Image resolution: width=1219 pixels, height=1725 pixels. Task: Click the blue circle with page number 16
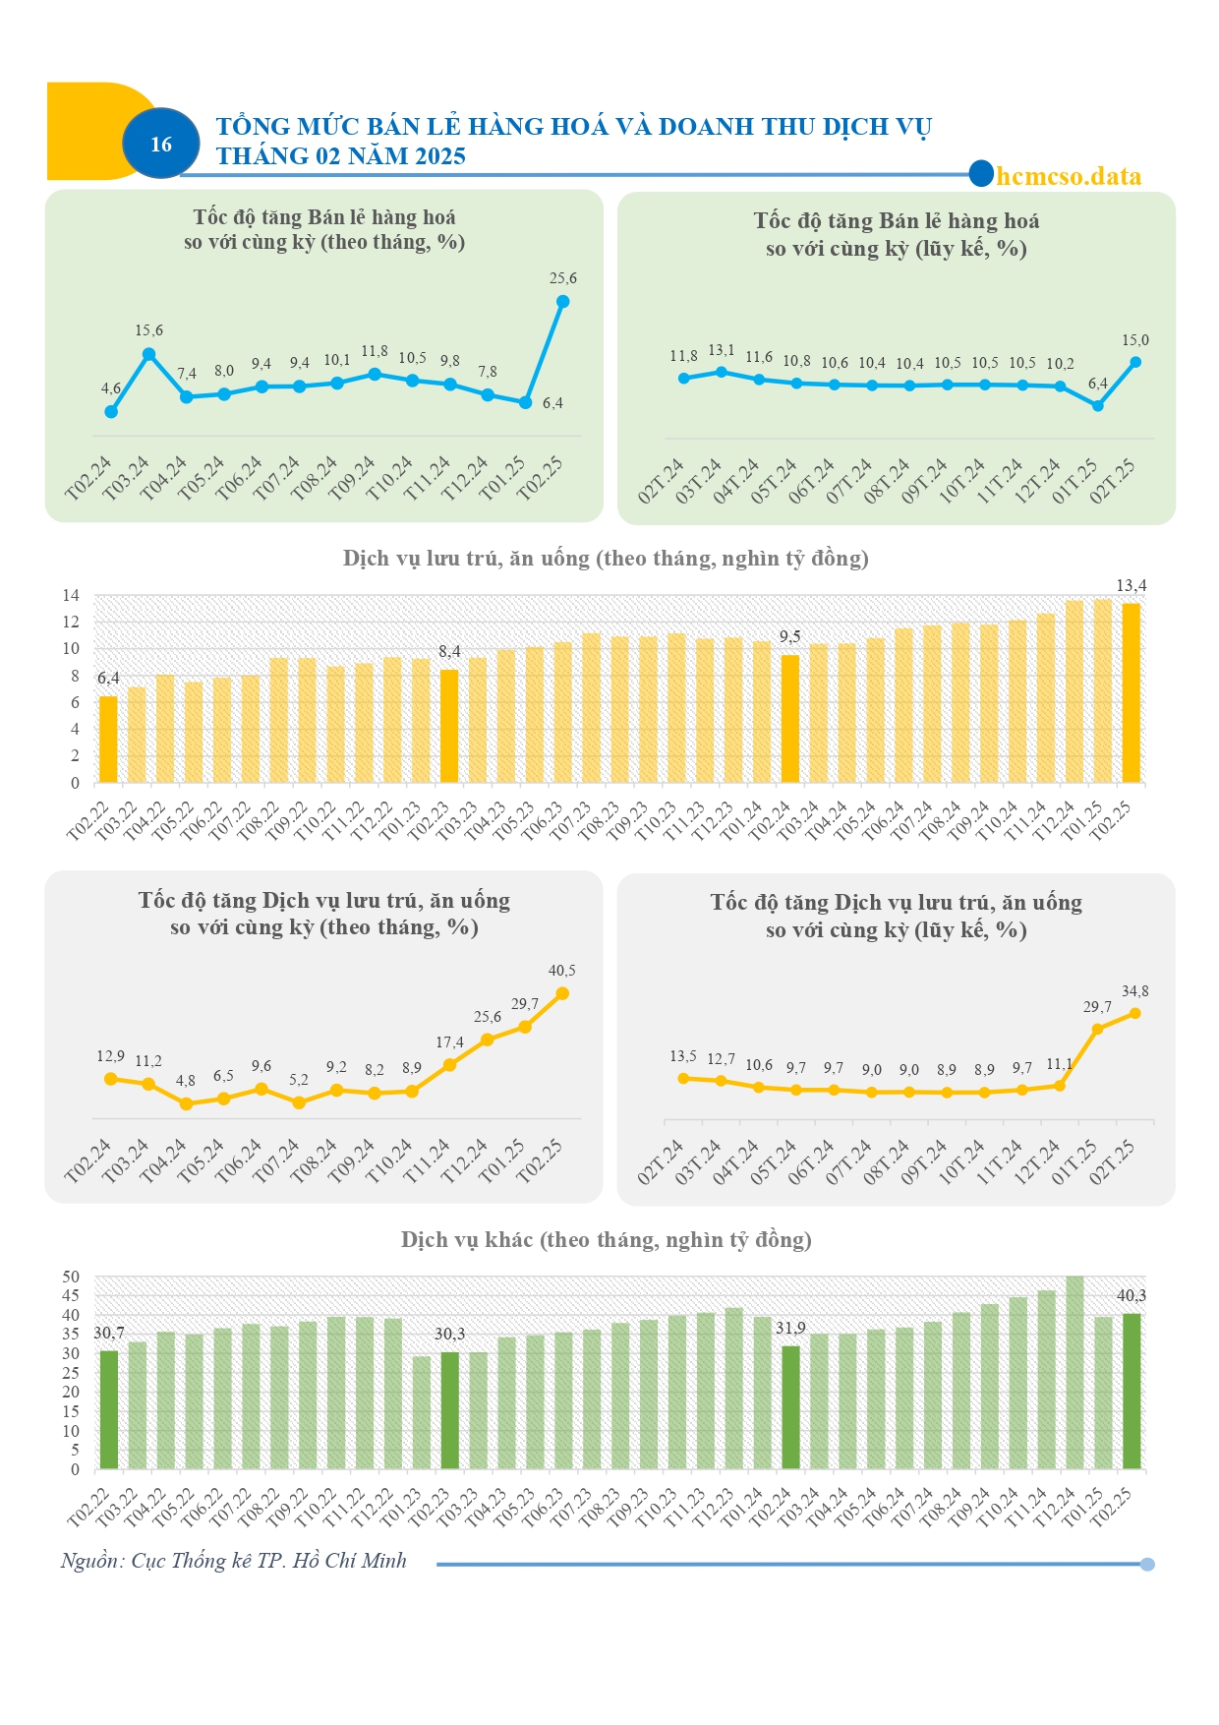[x=161, y=144]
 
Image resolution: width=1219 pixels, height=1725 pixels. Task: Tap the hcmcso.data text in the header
[x=1069, y=176]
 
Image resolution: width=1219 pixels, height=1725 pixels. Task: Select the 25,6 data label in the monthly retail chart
[x=563, y=278]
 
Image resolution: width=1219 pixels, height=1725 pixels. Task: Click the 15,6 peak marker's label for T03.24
[x=149, y=330]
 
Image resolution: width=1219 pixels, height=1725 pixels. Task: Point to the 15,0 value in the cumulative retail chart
[x=1135, y=340]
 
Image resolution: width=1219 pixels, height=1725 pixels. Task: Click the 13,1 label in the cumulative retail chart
[x=722, y=350]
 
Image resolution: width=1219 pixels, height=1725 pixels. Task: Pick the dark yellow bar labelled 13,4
[x=1132, y=692]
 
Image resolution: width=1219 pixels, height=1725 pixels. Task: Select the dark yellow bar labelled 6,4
[x=108, y=740]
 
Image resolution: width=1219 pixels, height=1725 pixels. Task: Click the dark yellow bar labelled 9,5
[x=790, y=719]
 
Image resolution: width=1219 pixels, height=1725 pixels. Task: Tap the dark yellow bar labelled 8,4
[x=449, y=726]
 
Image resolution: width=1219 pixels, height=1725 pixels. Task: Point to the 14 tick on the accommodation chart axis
[x=71, y=595]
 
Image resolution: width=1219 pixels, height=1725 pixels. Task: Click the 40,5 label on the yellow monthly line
[x=562, y=971]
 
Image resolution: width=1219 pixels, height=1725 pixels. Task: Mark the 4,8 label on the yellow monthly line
[x=186, y=1081]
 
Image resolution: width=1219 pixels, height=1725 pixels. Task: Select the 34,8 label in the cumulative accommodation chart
[x=1135, y=991]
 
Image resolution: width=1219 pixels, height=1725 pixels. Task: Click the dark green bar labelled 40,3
[x=1132, y=1392]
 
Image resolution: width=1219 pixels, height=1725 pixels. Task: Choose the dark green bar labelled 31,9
[x=790, y=1408]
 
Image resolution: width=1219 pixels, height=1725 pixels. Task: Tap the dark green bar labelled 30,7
[x=108, y=1410]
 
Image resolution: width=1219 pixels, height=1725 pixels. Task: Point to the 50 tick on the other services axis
[x=71, y=1277]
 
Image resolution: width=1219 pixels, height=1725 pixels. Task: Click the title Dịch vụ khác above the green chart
[x=467, y=1240]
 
